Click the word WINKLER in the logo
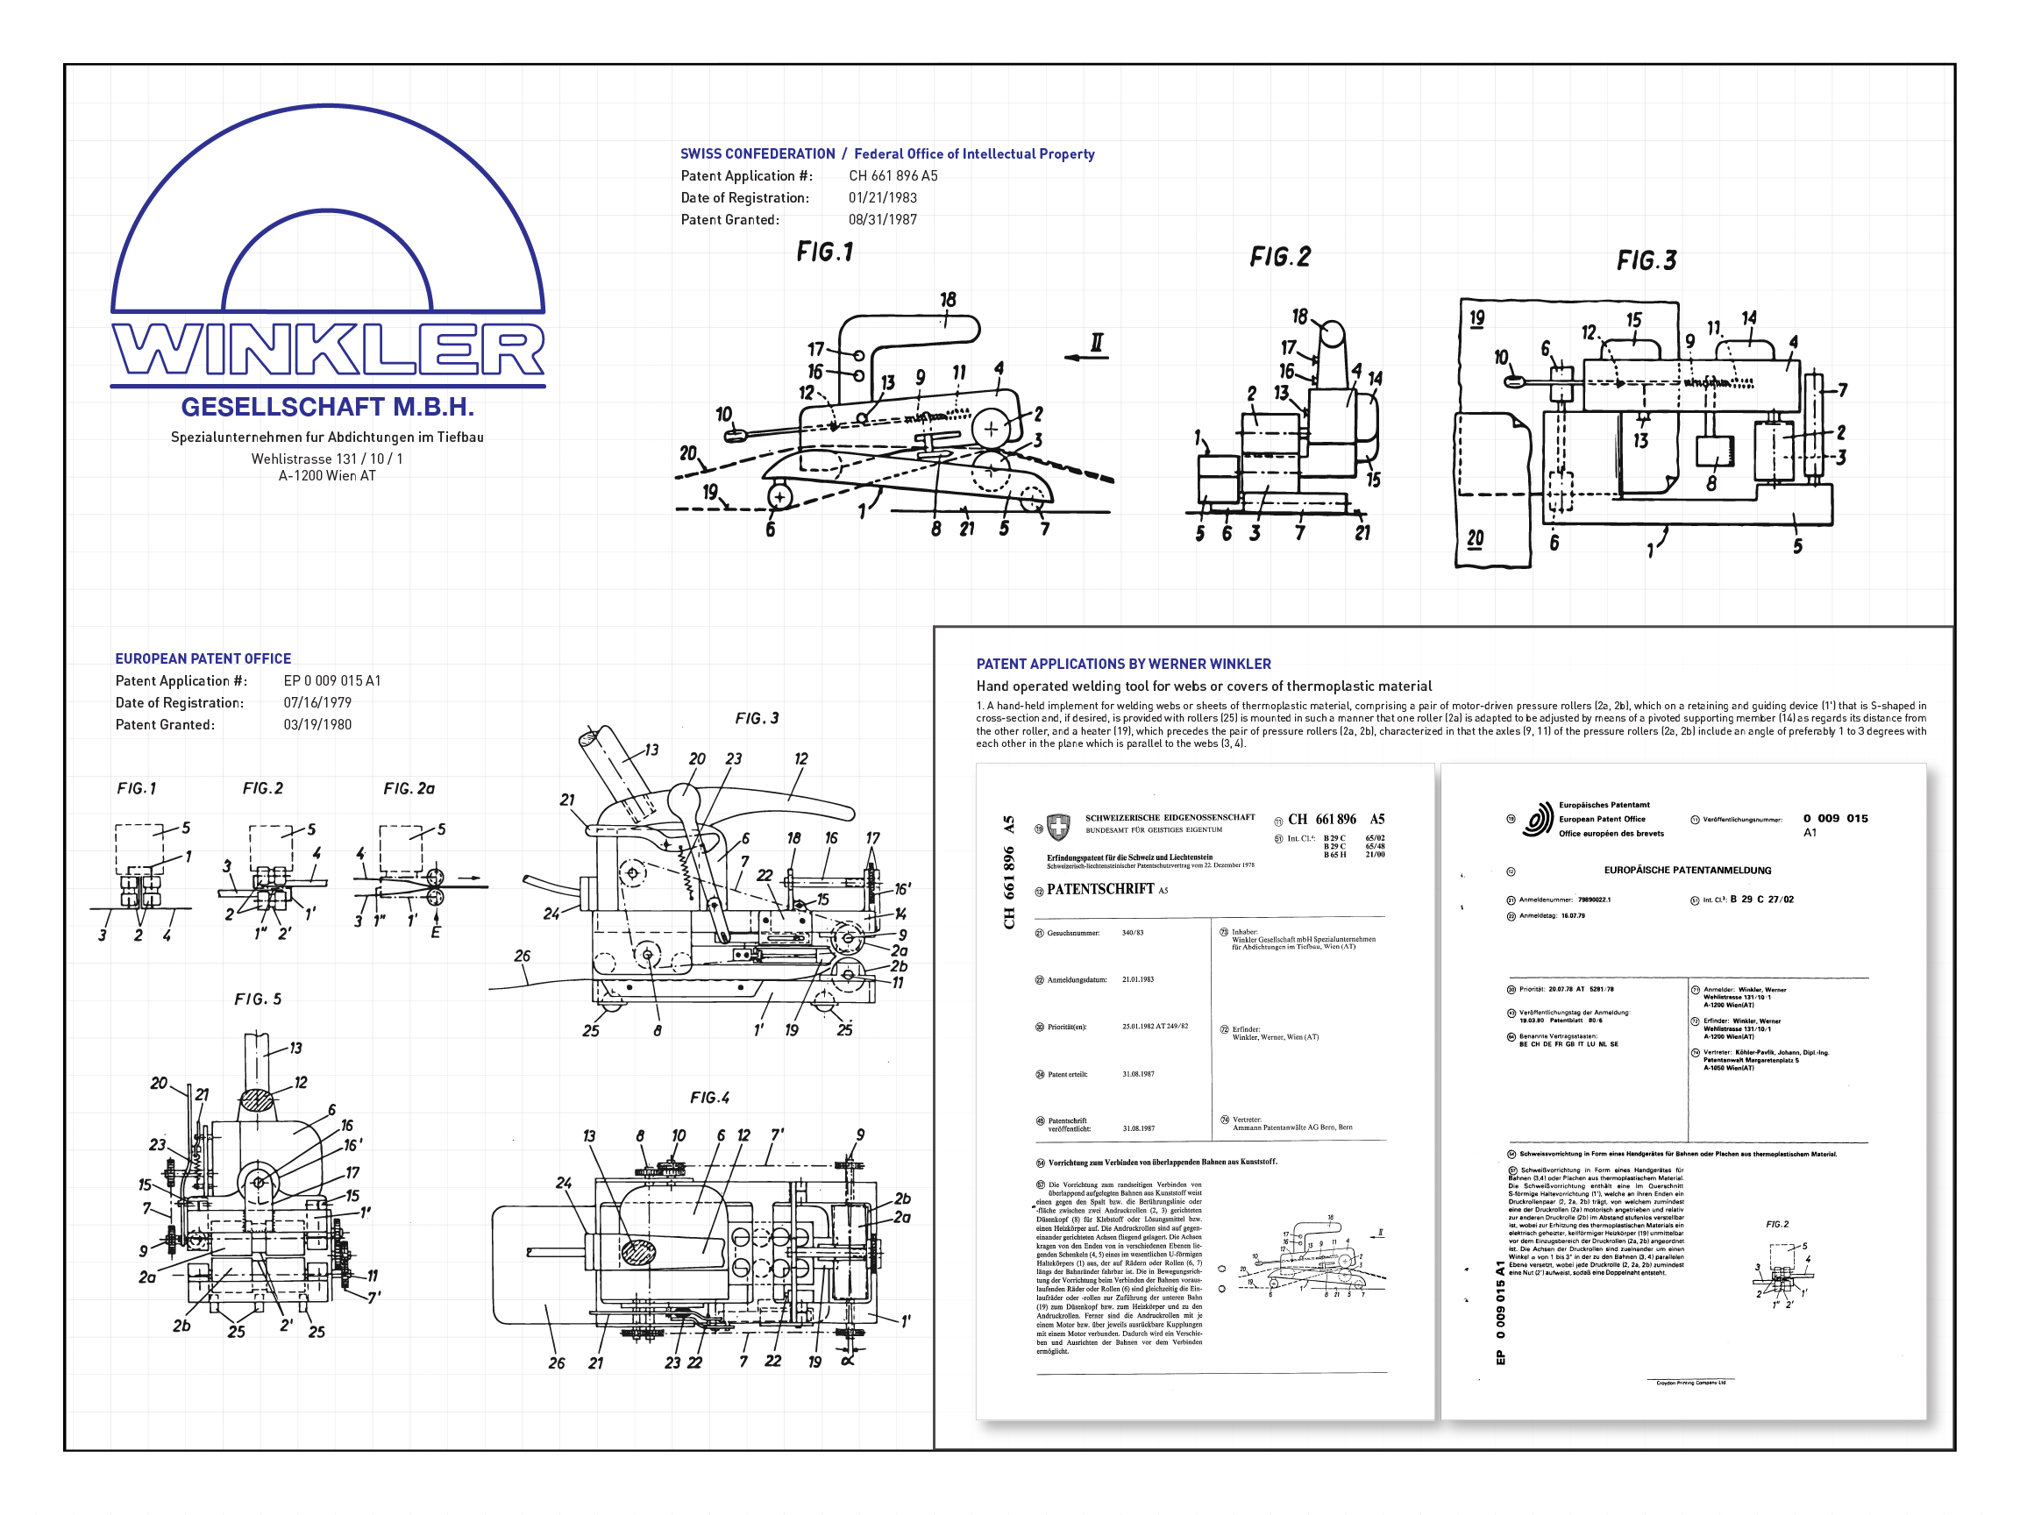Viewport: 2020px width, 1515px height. (x=327, y=350)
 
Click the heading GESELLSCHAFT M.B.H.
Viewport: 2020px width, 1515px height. (x=327, y=407)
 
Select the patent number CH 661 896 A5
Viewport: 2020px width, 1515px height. (x=893, y=175)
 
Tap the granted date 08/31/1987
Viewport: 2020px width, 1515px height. (x=882, y=219)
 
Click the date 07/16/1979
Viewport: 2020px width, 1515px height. (x=317, y=702)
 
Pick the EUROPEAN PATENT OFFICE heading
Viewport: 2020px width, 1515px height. (x=203, y=658)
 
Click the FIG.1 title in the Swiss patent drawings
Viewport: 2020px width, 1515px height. (x=825, y=252)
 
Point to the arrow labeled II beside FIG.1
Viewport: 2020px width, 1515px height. (x=1088, y=356)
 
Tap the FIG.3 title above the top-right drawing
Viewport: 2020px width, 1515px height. (x=1647, y=261)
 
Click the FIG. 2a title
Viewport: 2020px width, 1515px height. (x=409, y=788)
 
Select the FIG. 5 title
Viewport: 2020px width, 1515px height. (x=258, y=999)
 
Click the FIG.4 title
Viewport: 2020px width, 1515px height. (x=709, y=1098)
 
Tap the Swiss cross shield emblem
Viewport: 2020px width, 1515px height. (x=1058, y=828)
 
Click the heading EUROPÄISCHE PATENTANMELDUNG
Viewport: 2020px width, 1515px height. (x=1687, y=871)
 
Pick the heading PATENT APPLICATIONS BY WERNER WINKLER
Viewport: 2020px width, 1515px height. (x=1123, y=664)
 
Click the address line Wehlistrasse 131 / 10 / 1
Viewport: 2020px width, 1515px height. (x=327, y=459)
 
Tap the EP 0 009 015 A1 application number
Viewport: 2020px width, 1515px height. (x=331, y=680)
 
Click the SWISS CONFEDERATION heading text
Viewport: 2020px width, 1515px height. (x=757, y=153)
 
